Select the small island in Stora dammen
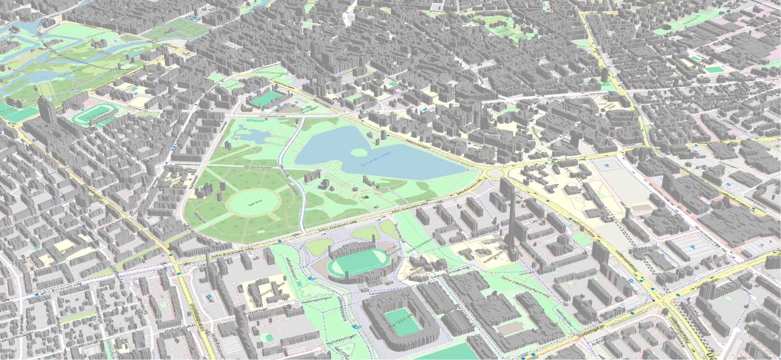pyautogui.click(x=358, y=152)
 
